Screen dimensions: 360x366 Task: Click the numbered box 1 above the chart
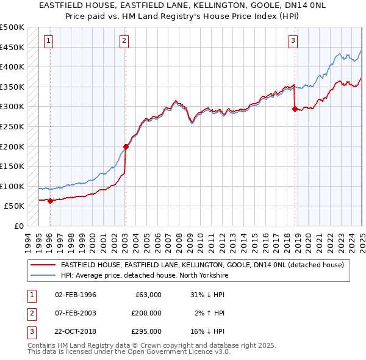point(48,41)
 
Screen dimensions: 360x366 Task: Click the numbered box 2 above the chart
point(124,41)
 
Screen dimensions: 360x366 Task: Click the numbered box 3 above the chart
point(293,41)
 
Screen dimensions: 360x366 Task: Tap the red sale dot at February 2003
point(126,146)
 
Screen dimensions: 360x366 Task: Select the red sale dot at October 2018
point(295,109)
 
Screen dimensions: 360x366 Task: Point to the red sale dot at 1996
point(50,201)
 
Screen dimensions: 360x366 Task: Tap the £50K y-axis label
point(15,206)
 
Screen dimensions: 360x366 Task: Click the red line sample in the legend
point(42,265)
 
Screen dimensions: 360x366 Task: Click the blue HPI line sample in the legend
point(42,275)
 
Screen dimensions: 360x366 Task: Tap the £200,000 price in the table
point(146,313)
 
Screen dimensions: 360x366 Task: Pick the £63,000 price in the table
point(148,295)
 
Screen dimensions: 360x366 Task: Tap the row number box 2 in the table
point(31,313)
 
